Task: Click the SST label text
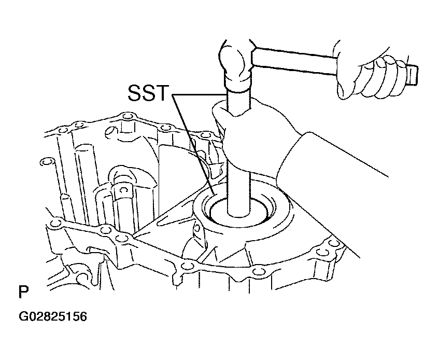coord(148,93)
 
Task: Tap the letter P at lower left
coord(23,292)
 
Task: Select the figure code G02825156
coord(53,316)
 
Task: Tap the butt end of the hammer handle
coord(412,74)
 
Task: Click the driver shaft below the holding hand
coord(239,193)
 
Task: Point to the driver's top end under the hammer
coord(238,89)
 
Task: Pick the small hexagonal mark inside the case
coord(122,190)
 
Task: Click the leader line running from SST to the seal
coord(193,145)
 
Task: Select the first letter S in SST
coord(134,93)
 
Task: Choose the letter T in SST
coord(163,93)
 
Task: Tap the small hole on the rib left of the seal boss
coord(197,228)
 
